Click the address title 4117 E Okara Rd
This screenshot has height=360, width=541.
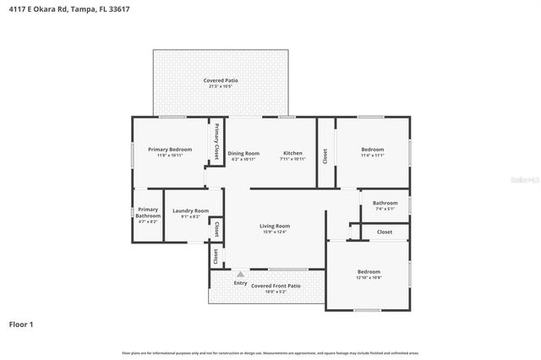[65, 8]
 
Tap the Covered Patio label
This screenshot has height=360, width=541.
[221, 80]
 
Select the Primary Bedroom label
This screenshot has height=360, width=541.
[170, 150]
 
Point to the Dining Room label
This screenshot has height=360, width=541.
[243, 154]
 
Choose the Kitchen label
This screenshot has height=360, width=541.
[292, 154]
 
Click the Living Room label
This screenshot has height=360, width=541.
[275, 226]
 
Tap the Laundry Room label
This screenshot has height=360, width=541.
[190, 210]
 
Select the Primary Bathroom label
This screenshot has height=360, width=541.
[148, 212]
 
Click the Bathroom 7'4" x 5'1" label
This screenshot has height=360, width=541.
[385, 203]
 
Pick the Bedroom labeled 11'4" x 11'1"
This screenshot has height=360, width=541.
[372, 150]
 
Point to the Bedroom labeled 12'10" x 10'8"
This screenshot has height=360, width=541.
[369, 272]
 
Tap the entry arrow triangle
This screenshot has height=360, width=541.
[241, 274]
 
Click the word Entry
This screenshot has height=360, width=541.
[241, 283]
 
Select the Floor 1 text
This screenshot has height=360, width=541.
[21, 324]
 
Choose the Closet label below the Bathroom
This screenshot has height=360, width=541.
[385, 232]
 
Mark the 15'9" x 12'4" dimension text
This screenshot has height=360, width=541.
[275, 232]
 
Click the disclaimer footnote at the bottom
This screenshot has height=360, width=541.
[270, 352]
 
